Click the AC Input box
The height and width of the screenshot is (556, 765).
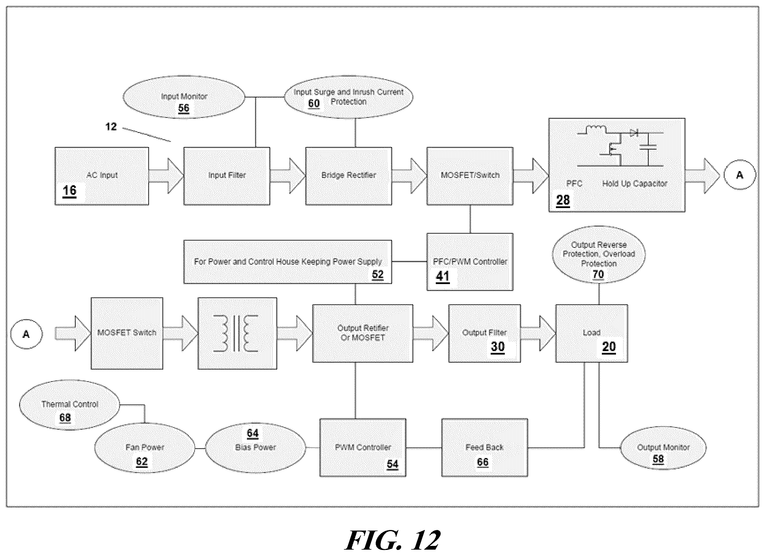102,176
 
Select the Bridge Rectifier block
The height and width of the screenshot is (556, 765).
349,176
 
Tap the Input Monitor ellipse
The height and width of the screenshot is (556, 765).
184,97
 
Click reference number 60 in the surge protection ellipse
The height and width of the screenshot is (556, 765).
314,103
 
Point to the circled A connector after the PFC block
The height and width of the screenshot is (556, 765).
739,175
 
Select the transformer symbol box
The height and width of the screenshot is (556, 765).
237,333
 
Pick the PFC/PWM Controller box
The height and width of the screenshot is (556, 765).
470,262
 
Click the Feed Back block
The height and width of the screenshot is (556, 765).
485,448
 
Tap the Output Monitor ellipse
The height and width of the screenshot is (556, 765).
663,448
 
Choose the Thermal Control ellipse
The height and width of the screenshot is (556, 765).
70,405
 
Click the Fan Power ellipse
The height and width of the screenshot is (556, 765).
144,448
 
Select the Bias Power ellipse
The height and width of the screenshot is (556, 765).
255,448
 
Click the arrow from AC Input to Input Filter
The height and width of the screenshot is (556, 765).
166,176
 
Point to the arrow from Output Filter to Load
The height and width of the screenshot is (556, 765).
538,333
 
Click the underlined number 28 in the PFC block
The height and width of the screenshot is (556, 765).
563,200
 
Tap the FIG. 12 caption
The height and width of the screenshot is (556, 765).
393,540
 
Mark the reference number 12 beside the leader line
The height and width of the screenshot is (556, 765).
111,127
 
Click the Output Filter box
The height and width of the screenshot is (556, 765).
484,333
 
